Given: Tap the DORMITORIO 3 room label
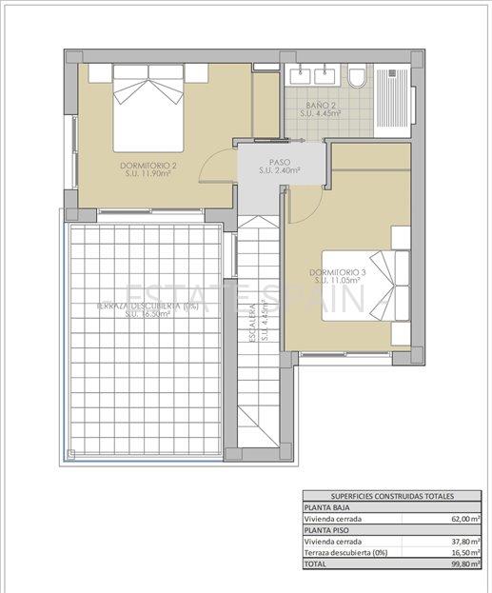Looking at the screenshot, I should point(337,277).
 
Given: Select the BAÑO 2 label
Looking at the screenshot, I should point(320,108).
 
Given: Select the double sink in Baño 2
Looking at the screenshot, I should point(314,73).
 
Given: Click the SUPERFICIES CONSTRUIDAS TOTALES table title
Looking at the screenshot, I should point(392,496).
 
